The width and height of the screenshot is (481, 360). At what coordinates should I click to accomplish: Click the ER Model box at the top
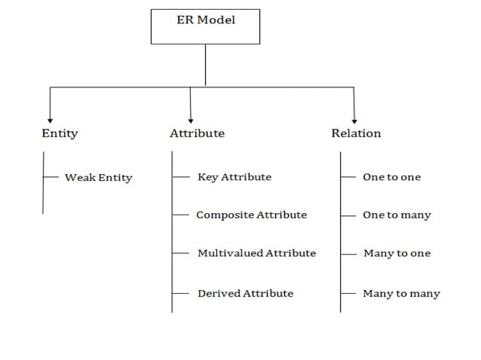click(x=205, y=25)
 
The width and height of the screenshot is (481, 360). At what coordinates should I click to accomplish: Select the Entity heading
click(x=60, y=133)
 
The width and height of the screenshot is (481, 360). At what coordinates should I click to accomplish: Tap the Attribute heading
click(x=197, y=133)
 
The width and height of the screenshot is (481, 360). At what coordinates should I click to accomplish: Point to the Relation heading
click(x=356, y=133)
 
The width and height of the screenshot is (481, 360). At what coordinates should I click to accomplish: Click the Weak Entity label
click(x=98, y=178)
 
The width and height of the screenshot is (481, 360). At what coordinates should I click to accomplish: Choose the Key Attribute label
click(x=234, y=177)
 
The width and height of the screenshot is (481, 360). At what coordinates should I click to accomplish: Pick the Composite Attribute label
click(x=251, y=215)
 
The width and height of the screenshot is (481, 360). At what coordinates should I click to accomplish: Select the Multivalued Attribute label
click(x=256, y=253)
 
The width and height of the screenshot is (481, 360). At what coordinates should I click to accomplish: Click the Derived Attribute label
click(x=245, y=293)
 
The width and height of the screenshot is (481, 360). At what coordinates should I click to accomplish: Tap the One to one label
click(x=391, y=177)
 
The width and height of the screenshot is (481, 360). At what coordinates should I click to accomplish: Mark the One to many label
click(x=397, y=215)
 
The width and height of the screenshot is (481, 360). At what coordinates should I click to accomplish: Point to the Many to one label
click(x=397, y=253)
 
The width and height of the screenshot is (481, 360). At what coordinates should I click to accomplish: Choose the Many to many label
click(x=401, y=293)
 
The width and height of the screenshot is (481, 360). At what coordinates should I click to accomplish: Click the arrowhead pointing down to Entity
click(x=50, y=118)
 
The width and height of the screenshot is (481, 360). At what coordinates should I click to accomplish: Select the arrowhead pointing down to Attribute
click(x=190, y=118)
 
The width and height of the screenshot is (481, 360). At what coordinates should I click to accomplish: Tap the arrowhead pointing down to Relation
click(x=354, y=118)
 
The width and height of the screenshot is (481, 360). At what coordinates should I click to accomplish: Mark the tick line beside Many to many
click(x=348, y=293)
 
